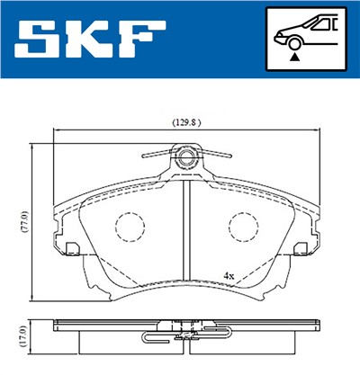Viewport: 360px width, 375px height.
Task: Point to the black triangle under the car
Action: click(x=294, y=57)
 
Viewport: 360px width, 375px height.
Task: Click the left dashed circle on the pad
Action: click(x=131, y=227)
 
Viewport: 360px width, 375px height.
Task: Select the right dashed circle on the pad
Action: click(x=241, y=227)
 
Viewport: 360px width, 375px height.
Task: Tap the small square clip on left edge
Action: click(x=70, y=245)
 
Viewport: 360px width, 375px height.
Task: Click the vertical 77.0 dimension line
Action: click(x=33, y=220)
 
